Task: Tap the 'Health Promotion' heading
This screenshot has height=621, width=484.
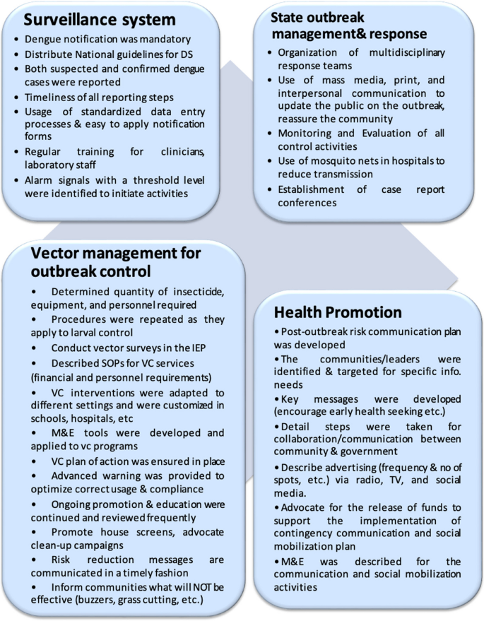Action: point(338,312)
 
